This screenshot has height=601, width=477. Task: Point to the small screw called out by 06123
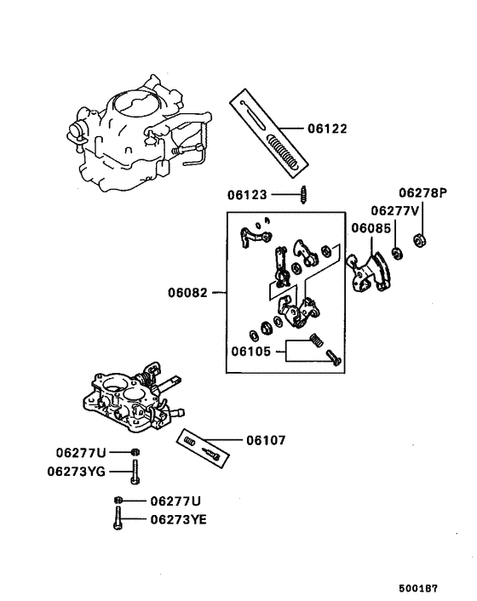coord(302,195)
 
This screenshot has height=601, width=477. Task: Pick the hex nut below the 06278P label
coord(419,239)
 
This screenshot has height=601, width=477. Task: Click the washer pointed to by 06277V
coord(397,253)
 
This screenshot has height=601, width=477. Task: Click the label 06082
coord(188,292)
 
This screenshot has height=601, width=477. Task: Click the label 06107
coord(266,441)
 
